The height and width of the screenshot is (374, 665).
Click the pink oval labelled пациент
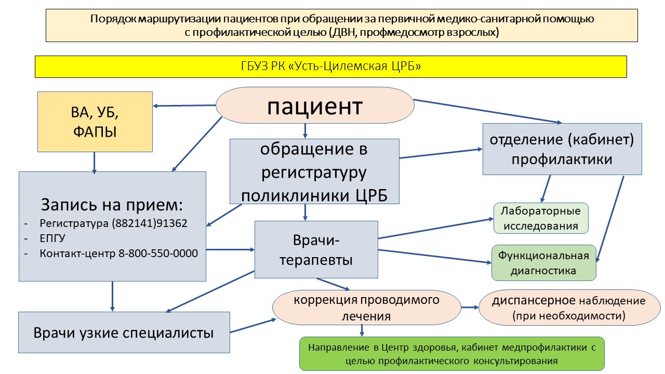point(315,106)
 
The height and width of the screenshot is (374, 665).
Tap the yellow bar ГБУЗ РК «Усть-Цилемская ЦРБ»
point(330,67)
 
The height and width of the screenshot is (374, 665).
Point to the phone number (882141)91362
point(150,224)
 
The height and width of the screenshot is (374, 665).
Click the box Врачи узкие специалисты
point(124,332)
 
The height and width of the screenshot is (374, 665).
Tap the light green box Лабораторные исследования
point(540,218)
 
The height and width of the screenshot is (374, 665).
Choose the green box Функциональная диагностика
point(543,263)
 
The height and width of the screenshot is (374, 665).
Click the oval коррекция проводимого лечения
point(367,308)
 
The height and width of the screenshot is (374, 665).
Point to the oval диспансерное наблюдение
point(568,308)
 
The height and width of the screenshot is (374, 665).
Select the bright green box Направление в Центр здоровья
point(452,354)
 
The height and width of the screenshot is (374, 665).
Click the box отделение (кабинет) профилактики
point(562,149)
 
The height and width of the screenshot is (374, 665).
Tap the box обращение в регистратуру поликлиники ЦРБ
point(314,171)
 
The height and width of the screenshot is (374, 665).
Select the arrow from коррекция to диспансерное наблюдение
point(470,308)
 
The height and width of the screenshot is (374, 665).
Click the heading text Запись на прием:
point(112,204)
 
